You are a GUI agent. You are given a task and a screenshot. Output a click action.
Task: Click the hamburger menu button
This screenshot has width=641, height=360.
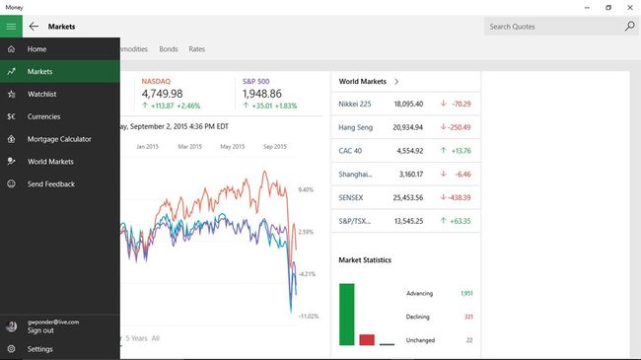click(x=11, y=27)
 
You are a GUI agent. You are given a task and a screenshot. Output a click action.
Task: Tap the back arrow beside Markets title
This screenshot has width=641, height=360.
click(x=35, y=27)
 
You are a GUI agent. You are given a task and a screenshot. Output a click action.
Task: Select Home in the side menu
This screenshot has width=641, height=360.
click(x=37, y=49)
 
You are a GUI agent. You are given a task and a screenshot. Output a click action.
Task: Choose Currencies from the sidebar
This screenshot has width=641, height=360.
click(x=44, y=116)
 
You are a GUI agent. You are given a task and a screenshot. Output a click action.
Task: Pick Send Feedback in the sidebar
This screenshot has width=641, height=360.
click(x=50, y=184)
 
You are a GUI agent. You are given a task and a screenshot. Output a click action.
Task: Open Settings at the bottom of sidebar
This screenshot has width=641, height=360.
click(x=40, y=349)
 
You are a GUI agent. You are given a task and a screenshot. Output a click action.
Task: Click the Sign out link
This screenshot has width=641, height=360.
click(x=40, y=330)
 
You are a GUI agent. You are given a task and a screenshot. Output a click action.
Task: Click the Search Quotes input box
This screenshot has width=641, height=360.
click(x=552, y=27)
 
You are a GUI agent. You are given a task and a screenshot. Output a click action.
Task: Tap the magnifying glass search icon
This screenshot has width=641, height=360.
click(x=629, y=27)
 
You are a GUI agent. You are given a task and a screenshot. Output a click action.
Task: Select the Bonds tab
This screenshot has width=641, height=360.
click(x=169, y=48)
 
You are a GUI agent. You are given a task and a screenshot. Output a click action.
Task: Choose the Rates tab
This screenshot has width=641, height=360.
click(x=197, y=48)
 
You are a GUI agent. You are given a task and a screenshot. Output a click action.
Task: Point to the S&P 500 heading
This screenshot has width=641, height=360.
click(x=257, y=81)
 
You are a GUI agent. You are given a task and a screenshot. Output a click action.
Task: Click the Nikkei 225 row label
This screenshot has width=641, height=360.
click(x=355, y=104)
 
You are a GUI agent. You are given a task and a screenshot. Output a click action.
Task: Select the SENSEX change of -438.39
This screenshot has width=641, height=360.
click(x=456, y=197)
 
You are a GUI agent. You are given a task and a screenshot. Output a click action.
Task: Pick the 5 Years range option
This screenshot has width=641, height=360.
click(x=136, y=338)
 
